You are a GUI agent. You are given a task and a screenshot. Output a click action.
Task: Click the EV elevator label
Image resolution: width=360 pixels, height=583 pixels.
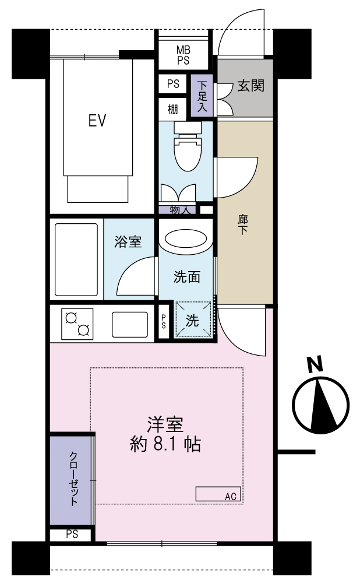click(x=97, y=120)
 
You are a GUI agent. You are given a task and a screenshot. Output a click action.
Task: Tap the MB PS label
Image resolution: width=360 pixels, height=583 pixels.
click(x=183, y=55)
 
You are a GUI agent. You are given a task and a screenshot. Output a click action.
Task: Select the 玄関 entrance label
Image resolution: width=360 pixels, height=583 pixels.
click(x=250, y=86)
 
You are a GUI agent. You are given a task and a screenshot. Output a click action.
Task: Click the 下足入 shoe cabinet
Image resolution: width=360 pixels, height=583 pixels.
click(x=202, y=96)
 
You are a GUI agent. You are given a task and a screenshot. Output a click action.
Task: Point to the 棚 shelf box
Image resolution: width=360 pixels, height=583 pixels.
click(x=172, y=110)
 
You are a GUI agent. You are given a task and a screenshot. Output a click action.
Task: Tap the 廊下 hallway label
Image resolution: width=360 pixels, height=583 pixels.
click(x=242, y=224)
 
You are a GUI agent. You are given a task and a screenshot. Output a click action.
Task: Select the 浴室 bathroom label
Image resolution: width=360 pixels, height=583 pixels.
click(x=128, y=241)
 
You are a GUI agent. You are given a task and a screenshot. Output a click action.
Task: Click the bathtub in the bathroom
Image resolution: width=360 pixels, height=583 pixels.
click(x=76, y=259)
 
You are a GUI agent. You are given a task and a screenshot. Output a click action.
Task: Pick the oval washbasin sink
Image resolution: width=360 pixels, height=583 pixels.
click(x=185, y=238)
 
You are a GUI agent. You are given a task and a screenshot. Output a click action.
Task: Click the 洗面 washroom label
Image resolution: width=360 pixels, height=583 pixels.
click(x=187, y=276)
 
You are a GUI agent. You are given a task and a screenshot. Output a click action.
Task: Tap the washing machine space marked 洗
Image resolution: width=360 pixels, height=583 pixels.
click(x=193, y=319)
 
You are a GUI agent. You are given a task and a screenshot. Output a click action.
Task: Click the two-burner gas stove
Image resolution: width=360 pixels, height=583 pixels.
click(x=77, y=324)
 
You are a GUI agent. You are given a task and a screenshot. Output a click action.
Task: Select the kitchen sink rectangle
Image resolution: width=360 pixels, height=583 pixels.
click(x=130, y=324)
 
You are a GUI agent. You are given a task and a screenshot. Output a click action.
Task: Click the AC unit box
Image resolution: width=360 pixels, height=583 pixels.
click(x=218, y=494)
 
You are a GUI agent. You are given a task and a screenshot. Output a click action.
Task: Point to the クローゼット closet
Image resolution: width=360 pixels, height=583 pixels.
click(x=70, y=480)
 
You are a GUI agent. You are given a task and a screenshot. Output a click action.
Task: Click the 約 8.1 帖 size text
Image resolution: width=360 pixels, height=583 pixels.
click(x=165, y=444)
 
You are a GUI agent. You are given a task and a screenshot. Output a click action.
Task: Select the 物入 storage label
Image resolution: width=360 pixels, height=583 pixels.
click(x=180, y=210)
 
